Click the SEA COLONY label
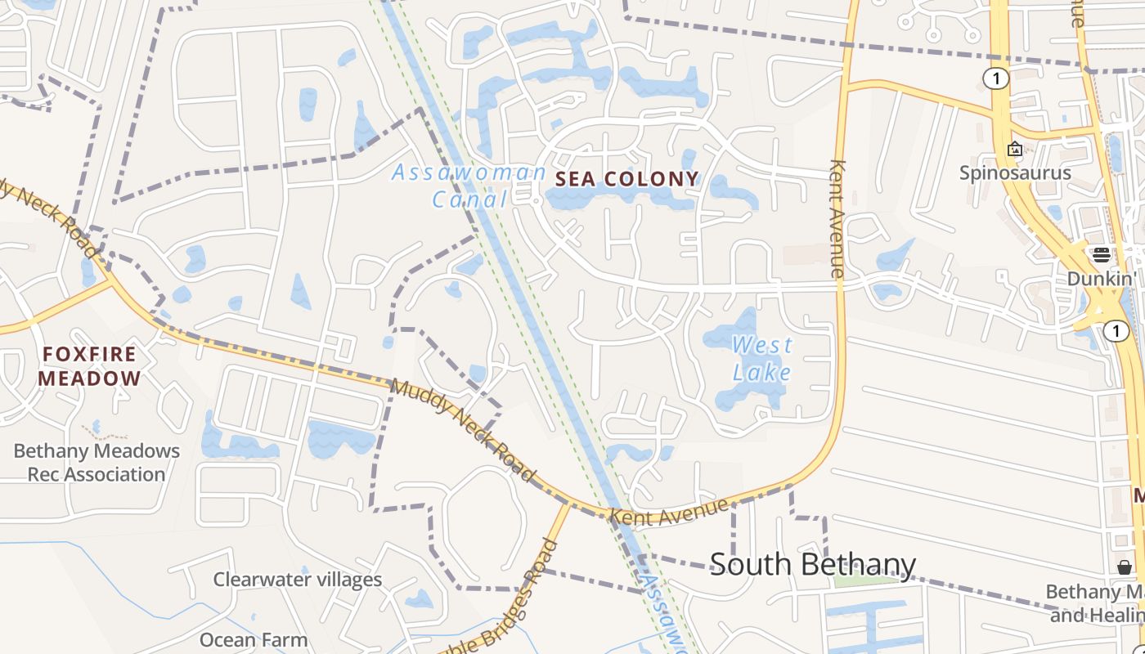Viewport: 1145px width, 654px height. click(x=627, y=179)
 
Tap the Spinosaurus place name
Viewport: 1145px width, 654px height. click(x=1015, y=172)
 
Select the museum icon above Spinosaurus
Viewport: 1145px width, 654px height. click(x=1015, y=149)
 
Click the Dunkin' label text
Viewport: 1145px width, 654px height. click(x=1102, y=279)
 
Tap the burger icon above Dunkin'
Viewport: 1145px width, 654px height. click(x=1101, y=254)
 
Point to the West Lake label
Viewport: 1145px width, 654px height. click(x=761, y=359)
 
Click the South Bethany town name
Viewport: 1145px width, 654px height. click(x=812, y=564)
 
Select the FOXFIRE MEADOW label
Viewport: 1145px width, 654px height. click(x=89, y=365)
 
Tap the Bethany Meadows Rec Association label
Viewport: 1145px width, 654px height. click(x=97, y=462)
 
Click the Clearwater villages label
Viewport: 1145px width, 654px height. click(x=298, y=580)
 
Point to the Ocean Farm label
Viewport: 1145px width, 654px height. click(x=254, y=639)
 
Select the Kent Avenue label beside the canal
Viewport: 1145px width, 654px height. click(x=668, y=513)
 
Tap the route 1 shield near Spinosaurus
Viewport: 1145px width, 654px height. click(x=995, y=78)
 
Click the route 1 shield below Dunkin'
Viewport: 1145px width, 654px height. click(x=1116, y=330)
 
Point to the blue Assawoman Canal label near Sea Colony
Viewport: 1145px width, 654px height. click(x=469, y=185)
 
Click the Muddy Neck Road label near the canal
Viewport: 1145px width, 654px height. click(x=463, y=431)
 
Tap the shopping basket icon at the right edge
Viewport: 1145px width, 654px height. click(x=1125, y=567)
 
